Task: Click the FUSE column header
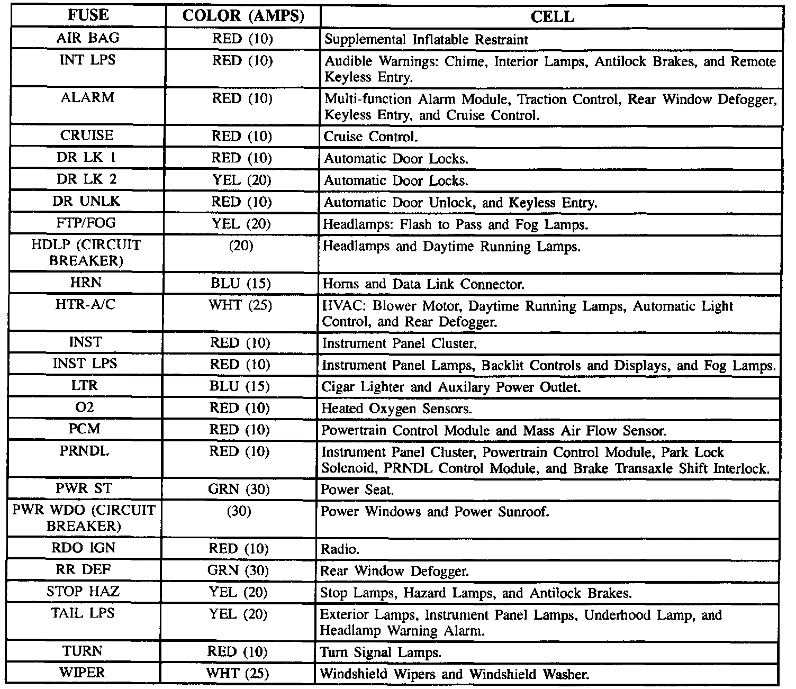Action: pyautogui.click(x=88, y=16)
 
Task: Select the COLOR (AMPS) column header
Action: pyautogui.click(x=243, y=16)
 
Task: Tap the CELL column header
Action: pyautogui.click(x=551, y=17)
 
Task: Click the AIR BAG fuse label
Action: pyautogui.click(x=88, y=38)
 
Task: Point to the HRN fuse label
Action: pyautogui.click(x=86, y=283)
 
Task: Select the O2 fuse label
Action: pyautogui.click(x=85, y=407)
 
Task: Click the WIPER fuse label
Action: pyautogui.click(x=83, y=673)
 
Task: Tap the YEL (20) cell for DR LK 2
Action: pyautogui.click(x=242, y=180)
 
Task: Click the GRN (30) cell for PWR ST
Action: pyautogui.click(x=239, y=489)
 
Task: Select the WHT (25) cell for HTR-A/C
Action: pyautogui.click(x=240, y=305)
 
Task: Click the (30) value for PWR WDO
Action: pyautogui.click(x=239, y=511)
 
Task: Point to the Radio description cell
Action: pyautogui.click(x=340, y=549)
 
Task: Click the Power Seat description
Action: pyautogui.click(x=357, y=490)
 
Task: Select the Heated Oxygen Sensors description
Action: pyautogui.click(x=396, y=409)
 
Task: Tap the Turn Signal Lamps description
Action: pyautogui.click(x=381, y=652)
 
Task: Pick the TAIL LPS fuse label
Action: pyautogui.click(x=83, y=613)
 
